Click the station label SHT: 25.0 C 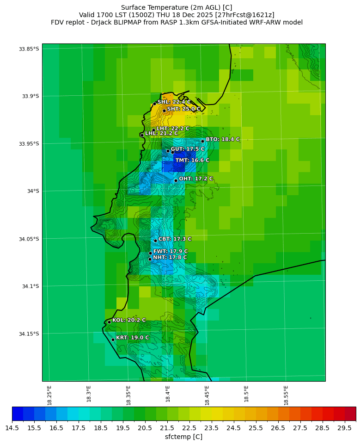pyautogui.click(x=183, y=109)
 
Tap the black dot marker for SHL pyautogui.click(x=154, y=104)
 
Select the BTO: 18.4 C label pyautogui.click(x=222, y=139)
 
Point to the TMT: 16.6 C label pyautogui.click(x=192, y=161)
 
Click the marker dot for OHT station pyautogui.click(x=176, y=180)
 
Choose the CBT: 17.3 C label pyautogui.click(x=175, y=239)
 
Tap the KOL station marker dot pyautogui.click(x=109, y=322)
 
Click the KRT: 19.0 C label pyautogui.click(x=132, y=338)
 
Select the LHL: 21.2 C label pyautogui.click(x=161, y=133)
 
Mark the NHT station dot pyautogui.click(x=150, y=259)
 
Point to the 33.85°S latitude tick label pyautogui.click(x=28, y=49)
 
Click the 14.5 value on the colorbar pyautogui.click(x=12, y=428)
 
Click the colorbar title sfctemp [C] pyautogui.click(x=183, y=437)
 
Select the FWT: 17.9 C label pyautogui.click(x=170, y=251)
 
